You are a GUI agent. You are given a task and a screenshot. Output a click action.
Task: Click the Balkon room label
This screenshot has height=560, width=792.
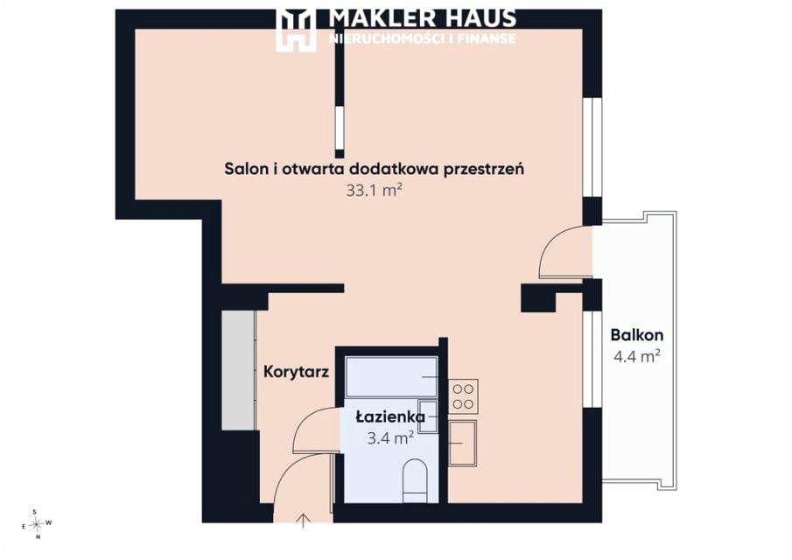click(636, 335)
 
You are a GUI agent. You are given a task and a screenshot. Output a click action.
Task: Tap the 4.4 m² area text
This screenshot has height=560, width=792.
click(636, 356)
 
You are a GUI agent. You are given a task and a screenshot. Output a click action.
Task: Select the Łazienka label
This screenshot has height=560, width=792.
click(390, 417)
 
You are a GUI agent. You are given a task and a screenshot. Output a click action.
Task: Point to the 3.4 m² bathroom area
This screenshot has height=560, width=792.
click(390, 437)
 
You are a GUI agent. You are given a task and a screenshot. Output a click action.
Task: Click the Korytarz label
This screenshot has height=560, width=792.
click(297, 372)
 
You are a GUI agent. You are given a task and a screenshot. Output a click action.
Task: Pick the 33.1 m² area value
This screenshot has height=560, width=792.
click(374, 191)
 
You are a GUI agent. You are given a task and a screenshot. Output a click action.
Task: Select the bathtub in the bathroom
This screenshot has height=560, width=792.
click(391, 377)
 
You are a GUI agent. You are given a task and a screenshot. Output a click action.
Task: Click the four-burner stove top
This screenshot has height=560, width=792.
click(463, 396)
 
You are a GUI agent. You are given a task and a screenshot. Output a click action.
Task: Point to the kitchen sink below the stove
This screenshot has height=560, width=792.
click(463, 443)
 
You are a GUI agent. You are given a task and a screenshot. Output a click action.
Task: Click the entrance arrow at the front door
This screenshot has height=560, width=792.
click(303, 520)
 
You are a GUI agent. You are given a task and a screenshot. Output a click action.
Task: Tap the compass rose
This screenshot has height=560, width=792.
click(37, 524)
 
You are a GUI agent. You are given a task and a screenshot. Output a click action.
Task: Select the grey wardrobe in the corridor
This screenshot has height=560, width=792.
click(238, 370)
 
